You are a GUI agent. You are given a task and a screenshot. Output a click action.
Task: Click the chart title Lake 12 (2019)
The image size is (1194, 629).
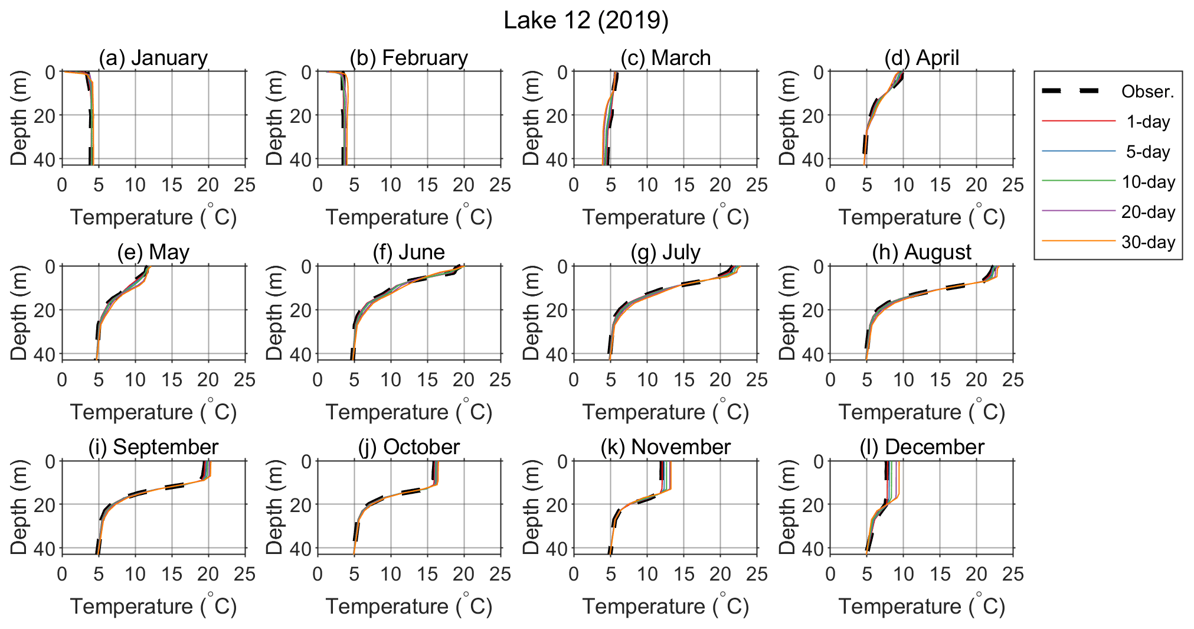coord(586,21)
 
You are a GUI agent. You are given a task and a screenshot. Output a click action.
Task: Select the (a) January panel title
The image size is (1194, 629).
coord(153,58)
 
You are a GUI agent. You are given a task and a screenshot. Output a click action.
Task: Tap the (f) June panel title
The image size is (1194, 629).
coord(408,252)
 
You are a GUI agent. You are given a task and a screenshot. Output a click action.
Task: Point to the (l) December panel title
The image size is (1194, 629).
coord(921,447)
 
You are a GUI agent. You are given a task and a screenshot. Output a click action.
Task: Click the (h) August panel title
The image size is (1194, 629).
coord(921,252)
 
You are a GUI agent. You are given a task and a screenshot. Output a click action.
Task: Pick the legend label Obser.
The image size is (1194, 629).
coord(1147,92)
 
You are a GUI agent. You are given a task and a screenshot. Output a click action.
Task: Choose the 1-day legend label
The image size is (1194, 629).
coord(1147,122)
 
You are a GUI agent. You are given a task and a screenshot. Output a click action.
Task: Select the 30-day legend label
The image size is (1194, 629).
coord(1148,242)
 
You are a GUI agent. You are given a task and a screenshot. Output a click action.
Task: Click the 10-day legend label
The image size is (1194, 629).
coord(1148,182)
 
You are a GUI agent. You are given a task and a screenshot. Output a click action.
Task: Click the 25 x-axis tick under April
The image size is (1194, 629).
coord(1013,185)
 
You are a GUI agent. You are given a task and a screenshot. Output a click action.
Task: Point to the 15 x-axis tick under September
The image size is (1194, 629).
coord(172,574)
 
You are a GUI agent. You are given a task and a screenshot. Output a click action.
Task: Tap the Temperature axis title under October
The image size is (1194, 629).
coord(408,607)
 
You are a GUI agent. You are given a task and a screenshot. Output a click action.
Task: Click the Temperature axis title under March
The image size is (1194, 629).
coord(665,217)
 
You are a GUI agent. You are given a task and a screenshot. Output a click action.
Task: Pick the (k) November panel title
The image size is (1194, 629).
coord(665,447)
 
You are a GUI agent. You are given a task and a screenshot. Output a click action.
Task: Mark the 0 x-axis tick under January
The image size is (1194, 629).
coord(62,185)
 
